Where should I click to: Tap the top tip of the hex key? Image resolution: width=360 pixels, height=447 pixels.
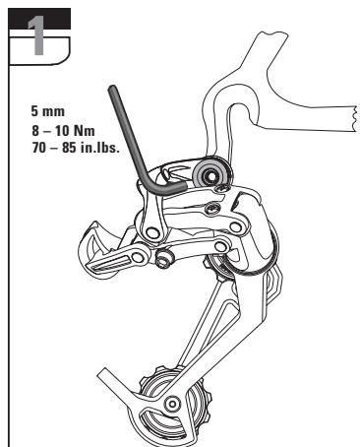(x=113, y=90)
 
